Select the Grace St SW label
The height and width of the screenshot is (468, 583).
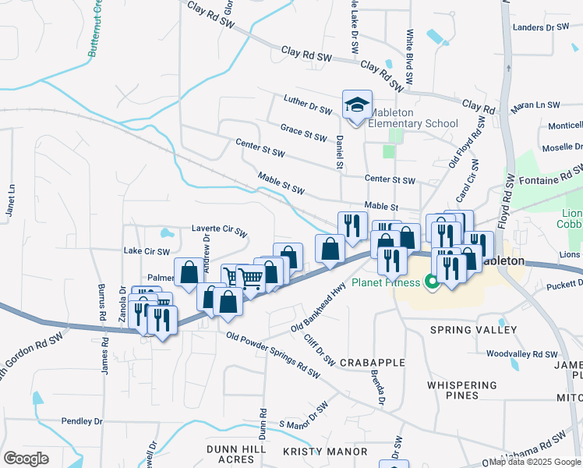point(303,133)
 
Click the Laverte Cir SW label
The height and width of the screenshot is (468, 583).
point(219,232)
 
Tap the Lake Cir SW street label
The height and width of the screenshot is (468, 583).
point(147,251)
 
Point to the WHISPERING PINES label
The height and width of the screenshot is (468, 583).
point(462,390)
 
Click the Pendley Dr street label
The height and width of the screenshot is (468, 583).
point(82,420)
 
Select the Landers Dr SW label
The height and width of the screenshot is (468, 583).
point(541,27)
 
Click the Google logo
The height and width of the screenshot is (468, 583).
point(26,459)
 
